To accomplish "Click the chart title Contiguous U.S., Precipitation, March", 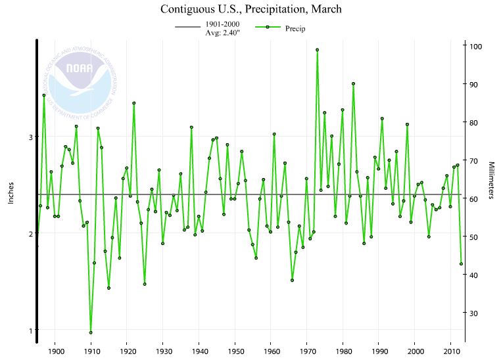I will tap(251, 10).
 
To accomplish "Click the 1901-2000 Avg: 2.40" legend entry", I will tap(208, 28).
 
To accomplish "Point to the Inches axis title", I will tap(11, 191).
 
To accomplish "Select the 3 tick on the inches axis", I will tap(30, 137).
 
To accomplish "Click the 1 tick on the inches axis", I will tap(30, 330).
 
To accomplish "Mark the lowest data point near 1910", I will tap(91, 332).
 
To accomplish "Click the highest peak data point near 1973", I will tap(318, 49).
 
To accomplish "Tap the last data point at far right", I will tap(462, 264).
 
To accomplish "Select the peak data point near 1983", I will tap(353, 83).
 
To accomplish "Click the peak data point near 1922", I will tap(134, 103).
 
